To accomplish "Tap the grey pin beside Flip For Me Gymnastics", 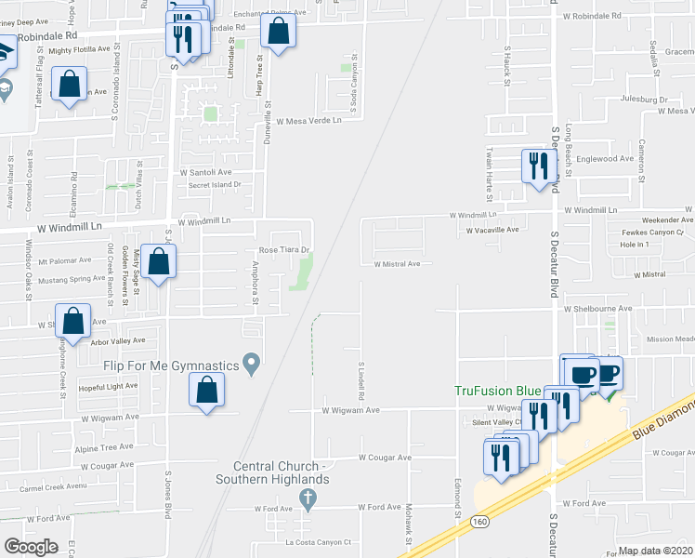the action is [x=250, y=362].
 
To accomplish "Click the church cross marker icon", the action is [x=308, y=499].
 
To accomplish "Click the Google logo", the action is [x=31, y=547].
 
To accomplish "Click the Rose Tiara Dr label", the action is [x=282, y=250].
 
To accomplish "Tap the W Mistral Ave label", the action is [x=397, y=263].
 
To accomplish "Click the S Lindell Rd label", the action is [x=360, y=376].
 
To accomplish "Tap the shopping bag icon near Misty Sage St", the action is [x=159, y=261].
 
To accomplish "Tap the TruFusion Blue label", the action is [x=497, y=392].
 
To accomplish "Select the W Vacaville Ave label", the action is [x=492, y=230].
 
